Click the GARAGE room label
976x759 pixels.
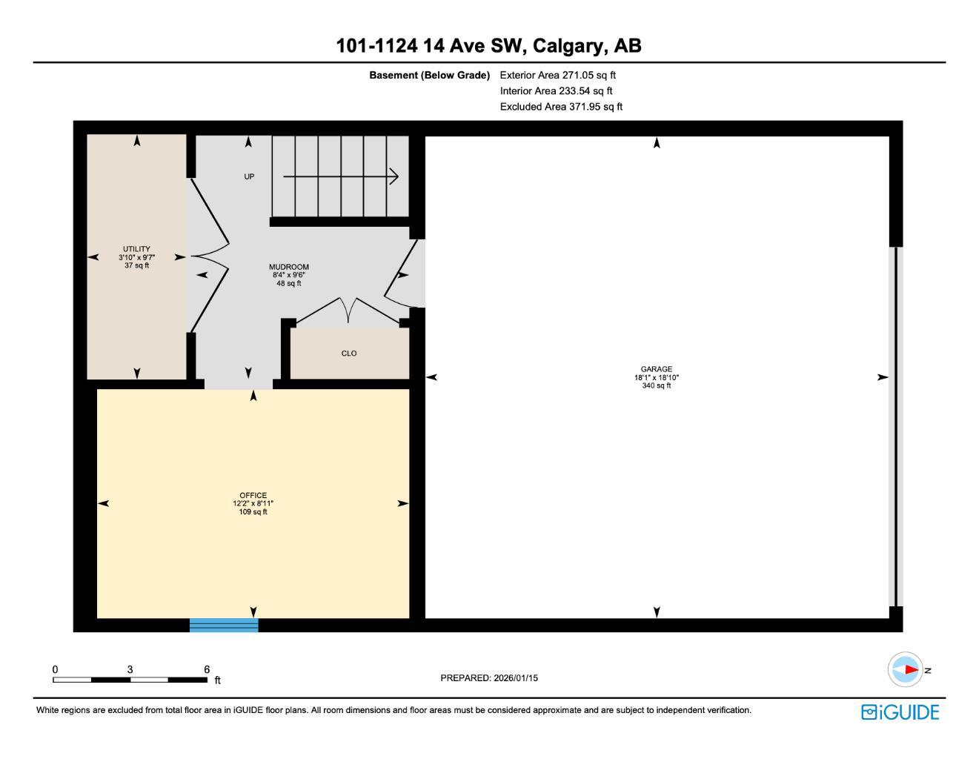tap(656, 369)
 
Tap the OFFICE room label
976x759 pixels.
tap(253, 495)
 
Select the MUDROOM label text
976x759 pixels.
tap(288, 267)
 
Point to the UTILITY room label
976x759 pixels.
tap(136, 249)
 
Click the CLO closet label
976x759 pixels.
tap(349, 354)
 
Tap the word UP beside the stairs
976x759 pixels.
tap(249, 176)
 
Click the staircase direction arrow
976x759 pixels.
tap(341, 176)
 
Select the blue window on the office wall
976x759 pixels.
tap(224, 625)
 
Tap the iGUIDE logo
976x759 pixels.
tap(900, 712)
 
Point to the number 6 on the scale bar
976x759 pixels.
tap(207, 669)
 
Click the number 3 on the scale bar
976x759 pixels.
tap(130, 669)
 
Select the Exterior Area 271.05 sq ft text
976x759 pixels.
tap(557, 75)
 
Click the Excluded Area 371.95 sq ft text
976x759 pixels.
tap(561, 107)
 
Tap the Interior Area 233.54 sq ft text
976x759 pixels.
tap(556, 91)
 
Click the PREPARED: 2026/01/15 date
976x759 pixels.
tap(489, 677)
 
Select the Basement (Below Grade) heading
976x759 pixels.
tap(429, 75)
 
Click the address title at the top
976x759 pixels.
tap(488, 46)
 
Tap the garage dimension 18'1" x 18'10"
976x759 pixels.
tap(656, 377)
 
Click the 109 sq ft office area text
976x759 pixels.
tap(253, 511)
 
